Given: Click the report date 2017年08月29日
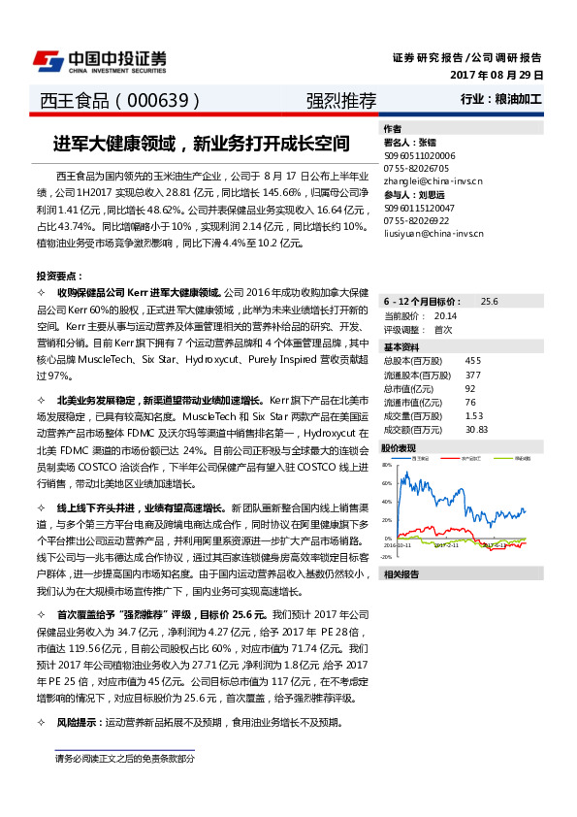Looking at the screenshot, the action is pos(497,75).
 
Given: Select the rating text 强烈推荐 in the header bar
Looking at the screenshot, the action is pos(341,100).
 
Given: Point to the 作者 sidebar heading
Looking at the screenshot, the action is pos(392,128).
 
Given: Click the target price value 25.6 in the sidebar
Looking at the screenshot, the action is pos(489,302).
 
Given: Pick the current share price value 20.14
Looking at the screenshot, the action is pos(446,315).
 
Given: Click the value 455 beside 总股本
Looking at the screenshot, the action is pos(472,360).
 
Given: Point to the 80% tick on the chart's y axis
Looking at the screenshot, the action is pos(387,465).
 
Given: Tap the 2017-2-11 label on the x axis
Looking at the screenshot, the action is pos(446,545).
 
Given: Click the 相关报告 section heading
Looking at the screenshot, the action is pos(401,574).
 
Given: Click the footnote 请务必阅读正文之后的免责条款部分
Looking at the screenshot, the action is pos(124,758).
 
